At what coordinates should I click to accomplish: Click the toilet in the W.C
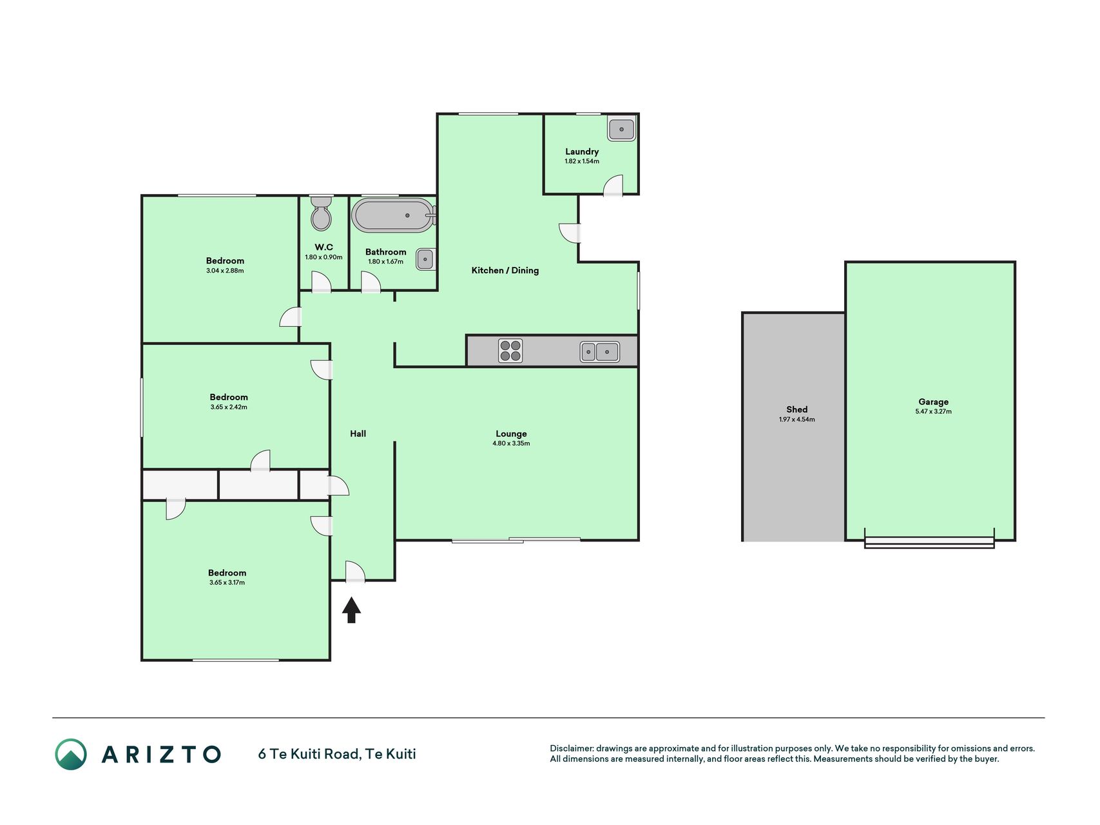point(321,213)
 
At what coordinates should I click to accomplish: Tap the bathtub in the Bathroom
point(393,215)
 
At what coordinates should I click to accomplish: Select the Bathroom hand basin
point(425,259)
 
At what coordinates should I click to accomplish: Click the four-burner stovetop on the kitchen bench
point(510,351)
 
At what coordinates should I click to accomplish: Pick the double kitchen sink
point(600,352)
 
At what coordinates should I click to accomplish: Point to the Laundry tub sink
point(622,130)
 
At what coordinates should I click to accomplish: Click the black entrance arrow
point(351,610)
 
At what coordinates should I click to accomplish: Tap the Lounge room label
point(511,434)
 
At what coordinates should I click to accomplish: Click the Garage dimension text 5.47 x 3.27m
point(933,411)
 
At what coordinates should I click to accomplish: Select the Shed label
point(797,409)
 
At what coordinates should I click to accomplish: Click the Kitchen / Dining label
point(505,270)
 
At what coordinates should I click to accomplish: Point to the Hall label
point(358,434)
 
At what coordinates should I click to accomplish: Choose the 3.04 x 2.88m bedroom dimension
point(225,271)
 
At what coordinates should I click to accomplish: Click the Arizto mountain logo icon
point(71,754)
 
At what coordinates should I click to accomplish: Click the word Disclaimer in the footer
point(570,748)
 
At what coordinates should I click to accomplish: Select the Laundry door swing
point(613,186)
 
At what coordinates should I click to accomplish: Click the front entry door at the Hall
point(355,572)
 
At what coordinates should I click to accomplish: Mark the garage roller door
point(929,543)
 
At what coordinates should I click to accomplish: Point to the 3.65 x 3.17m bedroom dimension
point(227,583)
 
